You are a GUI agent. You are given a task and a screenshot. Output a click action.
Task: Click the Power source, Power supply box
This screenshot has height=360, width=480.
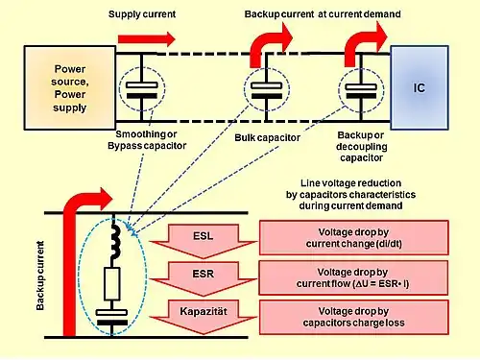(70, 87)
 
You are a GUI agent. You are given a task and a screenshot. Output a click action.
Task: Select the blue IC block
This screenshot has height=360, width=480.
(420, 87)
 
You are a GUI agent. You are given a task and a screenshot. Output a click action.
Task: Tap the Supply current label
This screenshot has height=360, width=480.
(142, 14)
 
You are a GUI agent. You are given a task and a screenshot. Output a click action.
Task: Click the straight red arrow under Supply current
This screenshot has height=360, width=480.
(147, 39)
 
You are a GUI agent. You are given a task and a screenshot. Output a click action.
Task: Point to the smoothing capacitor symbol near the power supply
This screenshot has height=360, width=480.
(142, 90)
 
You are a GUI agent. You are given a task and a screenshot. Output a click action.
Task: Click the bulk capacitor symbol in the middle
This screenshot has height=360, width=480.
(266, 90)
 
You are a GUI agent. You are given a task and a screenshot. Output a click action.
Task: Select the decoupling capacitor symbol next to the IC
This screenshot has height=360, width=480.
(361, 90)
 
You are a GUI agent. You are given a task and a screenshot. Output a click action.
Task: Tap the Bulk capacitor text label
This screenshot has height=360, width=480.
(268, 137)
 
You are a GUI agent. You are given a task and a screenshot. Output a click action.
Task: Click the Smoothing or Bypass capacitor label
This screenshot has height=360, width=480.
(147, 140)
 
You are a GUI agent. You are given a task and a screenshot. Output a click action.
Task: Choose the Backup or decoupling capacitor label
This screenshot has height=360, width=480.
(362, 146)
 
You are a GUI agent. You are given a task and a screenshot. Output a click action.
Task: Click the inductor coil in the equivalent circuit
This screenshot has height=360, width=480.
(115, 240)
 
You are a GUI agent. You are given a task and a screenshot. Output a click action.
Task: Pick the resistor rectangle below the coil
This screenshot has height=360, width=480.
(112, 284)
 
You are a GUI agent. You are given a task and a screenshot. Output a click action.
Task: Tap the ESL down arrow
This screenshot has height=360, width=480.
(204, 241)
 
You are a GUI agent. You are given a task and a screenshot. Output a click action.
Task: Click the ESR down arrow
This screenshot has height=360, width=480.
(204, 278)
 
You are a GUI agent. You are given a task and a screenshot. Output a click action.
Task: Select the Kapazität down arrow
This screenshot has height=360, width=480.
(204, 317)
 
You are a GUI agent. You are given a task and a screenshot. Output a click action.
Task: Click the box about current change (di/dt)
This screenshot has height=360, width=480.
(354, 238)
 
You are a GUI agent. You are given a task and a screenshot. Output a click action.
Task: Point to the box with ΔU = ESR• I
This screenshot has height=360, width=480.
(353, 277)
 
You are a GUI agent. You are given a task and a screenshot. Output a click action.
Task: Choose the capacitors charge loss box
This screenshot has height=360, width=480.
(354, 317)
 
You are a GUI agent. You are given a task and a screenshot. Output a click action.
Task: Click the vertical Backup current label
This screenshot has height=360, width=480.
(40, 276)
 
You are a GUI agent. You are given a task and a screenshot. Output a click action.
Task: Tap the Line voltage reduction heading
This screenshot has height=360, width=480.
(350, 194)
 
